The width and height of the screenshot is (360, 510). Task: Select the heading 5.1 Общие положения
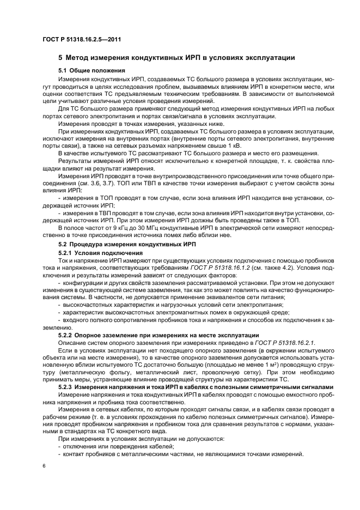[91, 70]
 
